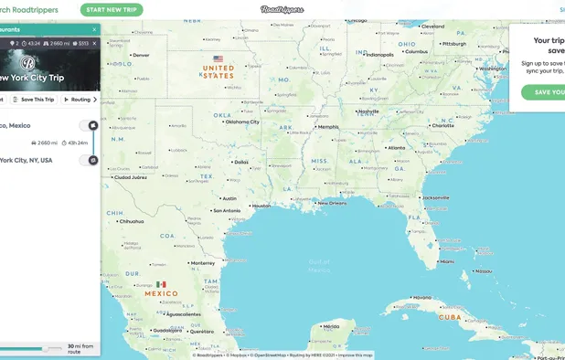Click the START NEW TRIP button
(112, 10)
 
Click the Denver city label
(141, 55)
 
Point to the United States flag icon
(218, 58)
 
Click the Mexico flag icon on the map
(162, 284)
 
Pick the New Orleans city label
(334, 203)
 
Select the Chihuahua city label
(132, 220)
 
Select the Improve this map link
(357, 355)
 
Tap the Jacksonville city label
(436, 196)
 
